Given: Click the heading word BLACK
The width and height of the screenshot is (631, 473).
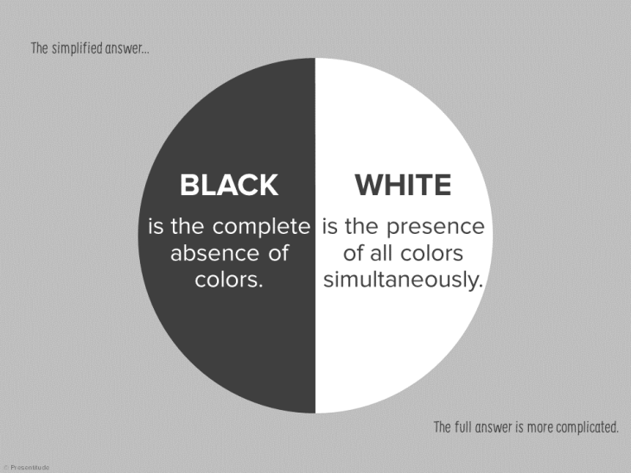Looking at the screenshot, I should coord(228,185).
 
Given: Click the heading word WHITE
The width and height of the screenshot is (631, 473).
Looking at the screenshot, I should coord(403,185).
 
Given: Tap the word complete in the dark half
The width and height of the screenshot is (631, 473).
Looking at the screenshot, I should coord(261,227).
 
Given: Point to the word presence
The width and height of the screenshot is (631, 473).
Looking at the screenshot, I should coord(435,227).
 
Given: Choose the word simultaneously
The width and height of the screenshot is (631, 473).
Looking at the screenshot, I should coord(403,281).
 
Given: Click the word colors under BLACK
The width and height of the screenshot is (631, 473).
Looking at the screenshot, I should coord(228,281).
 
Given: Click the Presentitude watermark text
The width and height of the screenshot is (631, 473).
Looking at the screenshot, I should coord(29,468).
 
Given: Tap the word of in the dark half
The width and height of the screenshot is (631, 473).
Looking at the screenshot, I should coord(276,254).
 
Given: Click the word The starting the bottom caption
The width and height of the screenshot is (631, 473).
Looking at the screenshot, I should coord(442,427).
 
